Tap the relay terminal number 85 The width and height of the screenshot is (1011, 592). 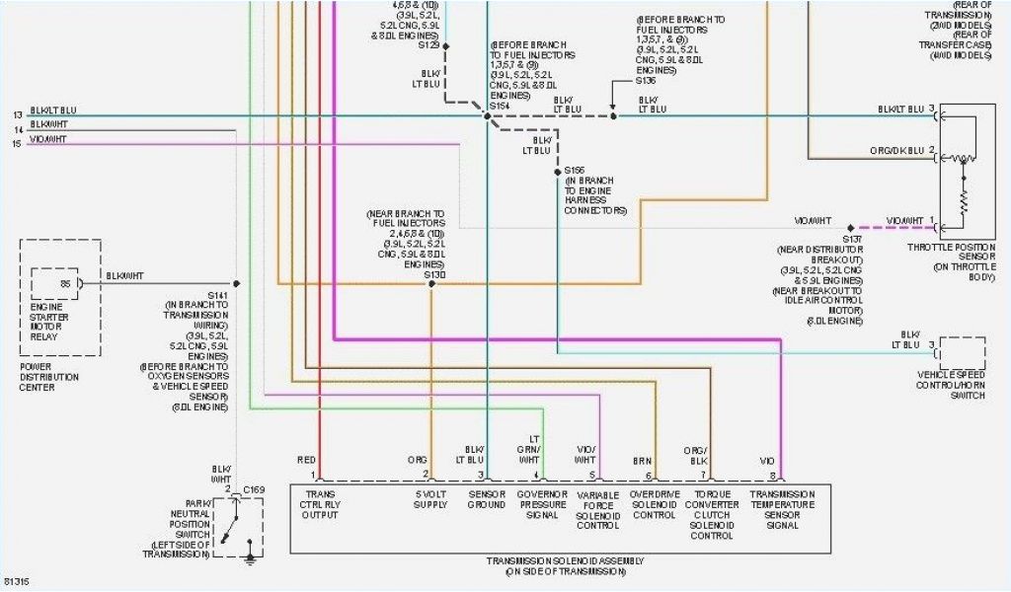pyautogui.click(x=65, y=283)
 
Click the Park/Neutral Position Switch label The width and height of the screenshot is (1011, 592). pyautogui.click(x=180, y=528)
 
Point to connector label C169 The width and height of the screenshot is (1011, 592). pyautogui.click(x=254, y=489)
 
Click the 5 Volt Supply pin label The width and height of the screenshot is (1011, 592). pyautogui.click(x=430, y=499)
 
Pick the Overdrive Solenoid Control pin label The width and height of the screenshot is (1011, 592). pyautogui.click(x=654, y=505)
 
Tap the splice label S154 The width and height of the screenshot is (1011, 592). pyautogui.click(x=502, y=105)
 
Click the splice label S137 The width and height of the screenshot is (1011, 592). pyautogui.click(x=853, y=239)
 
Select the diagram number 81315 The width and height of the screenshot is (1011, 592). pyautogui.click(x=17, y=581)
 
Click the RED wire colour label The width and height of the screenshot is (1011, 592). pyautogui.click(x=306, y=460)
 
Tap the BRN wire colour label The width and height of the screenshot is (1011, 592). pyautogui.click(x=642, y=460)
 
